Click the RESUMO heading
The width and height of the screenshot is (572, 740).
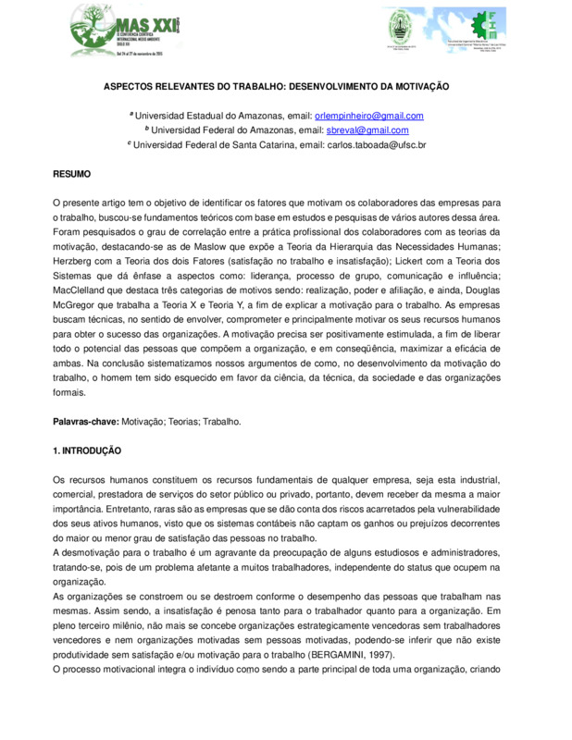pos(71,174)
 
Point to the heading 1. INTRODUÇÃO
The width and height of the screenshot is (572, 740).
pos(87,450)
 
